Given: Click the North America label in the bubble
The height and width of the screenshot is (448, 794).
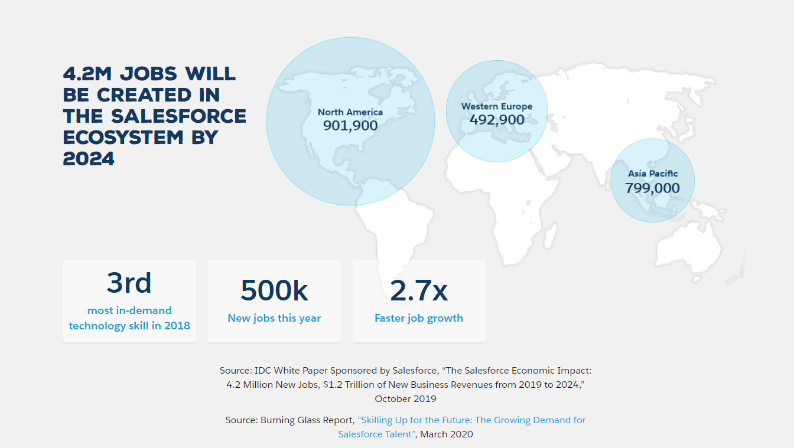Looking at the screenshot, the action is pos(350,112).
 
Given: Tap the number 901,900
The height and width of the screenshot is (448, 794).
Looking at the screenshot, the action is pos(350,126).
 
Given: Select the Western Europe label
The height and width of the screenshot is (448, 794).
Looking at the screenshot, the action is pos(497,106).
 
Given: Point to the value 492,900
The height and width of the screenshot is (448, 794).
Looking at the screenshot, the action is pos(497,120).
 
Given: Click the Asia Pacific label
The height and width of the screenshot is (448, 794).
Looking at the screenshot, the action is pos(653,174).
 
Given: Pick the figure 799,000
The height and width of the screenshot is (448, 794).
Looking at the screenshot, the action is pos(653,188).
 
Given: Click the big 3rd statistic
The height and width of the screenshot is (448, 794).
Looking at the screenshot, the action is pos(129,283).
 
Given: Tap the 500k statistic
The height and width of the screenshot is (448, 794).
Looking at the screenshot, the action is pos(274,290).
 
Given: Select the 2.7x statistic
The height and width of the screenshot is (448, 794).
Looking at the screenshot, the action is pos(419,290).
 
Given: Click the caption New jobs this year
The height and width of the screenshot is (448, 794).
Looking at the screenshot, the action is pos(274,318).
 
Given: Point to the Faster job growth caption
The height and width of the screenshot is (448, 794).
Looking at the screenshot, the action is pos(419,318).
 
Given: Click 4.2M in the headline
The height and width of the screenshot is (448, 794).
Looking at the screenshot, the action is pos(87,74).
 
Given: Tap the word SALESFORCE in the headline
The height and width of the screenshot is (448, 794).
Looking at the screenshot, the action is pos(178,116).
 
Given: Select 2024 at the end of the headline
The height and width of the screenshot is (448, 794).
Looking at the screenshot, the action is pos(89,159).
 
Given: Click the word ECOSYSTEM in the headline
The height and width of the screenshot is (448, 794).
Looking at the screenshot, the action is pos(123,138).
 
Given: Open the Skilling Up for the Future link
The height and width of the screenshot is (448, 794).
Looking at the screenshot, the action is pos(462,427).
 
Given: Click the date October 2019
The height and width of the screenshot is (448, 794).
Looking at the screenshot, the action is pos(405,399).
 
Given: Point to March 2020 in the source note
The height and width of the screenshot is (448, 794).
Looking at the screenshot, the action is pos(447,434).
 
